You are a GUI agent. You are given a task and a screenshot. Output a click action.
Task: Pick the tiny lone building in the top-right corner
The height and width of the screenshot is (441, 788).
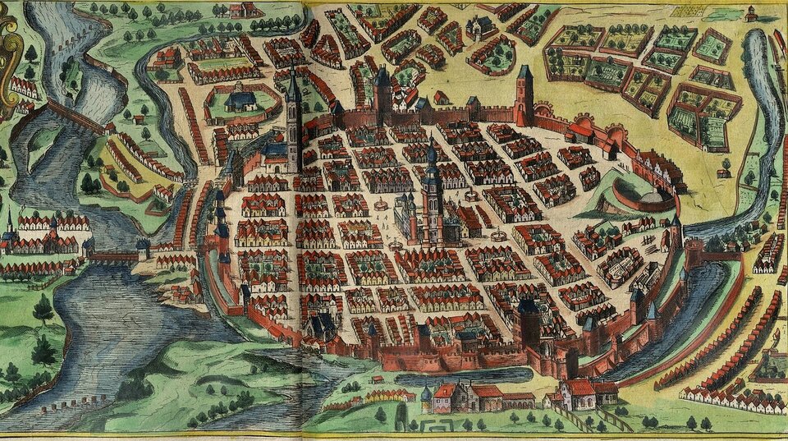click(750, 13)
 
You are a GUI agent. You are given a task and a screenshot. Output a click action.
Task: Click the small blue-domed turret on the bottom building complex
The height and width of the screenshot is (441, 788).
click(426, 394)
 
